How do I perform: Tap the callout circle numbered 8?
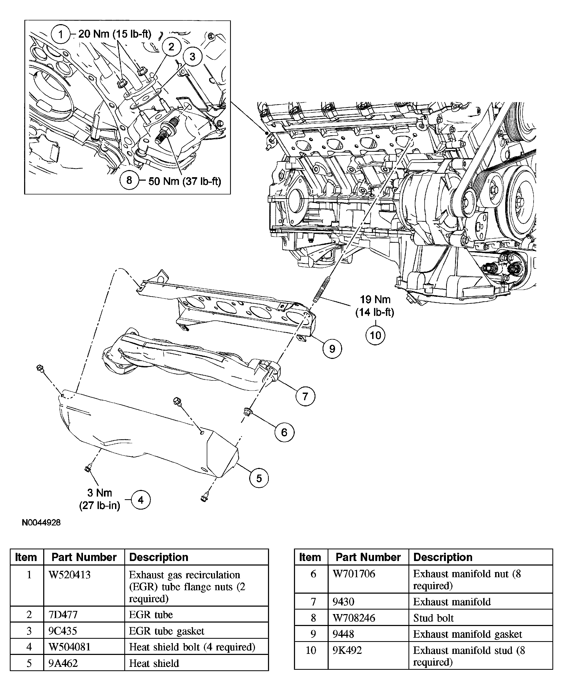[x=129, y=180]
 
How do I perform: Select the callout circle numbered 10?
[x=375, y=335]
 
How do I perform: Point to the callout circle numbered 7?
[x=305, y=396]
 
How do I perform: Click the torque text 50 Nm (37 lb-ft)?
[x=184, y=181]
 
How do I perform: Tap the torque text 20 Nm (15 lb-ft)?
[x=115, y=34]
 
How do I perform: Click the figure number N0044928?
[x=41, y=523]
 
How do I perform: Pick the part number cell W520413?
[x=69, y=575]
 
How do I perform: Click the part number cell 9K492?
[x=347, y=650]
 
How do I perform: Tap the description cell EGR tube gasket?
[x=167, y=631]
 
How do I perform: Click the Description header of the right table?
[x=443, y=557]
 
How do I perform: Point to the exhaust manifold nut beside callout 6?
[x=247, y=412]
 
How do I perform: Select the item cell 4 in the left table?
[x=29, y=647]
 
